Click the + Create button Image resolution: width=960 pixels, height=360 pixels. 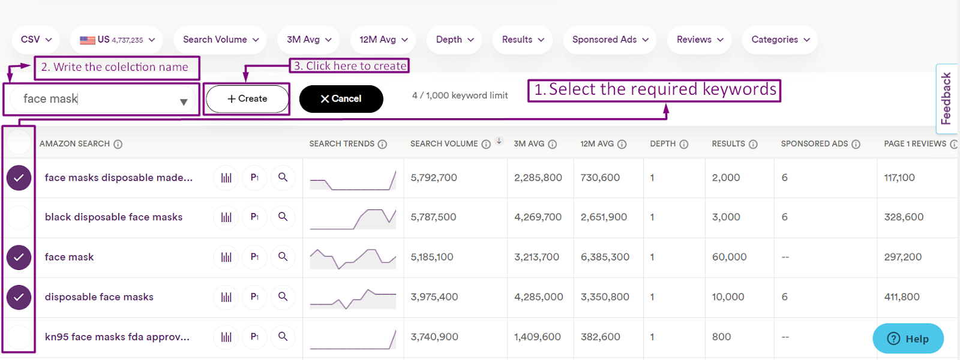247,99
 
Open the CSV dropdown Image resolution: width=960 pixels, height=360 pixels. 35,40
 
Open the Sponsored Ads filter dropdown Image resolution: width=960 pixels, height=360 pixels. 610,40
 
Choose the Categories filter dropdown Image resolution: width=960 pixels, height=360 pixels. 780,40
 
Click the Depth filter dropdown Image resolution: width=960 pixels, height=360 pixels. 454,40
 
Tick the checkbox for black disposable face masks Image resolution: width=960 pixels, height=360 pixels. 19,217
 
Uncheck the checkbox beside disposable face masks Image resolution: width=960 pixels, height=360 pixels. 19,297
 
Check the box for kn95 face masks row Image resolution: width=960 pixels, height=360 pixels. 19,337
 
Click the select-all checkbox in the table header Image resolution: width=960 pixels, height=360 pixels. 19,143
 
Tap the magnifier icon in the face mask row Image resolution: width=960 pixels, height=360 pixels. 283,257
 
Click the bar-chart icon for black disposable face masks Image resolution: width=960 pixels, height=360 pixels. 226,217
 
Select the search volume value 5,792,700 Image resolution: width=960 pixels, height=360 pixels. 434,178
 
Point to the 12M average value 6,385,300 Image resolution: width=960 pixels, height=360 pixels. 605,257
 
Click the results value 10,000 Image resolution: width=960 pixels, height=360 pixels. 728,297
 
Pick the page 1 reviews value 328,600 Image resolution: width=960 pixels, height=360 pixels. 904,217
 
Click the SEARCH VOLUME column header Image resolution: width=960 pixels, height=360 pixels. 444,144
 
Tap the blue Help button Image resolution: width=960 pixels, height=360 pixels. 908,338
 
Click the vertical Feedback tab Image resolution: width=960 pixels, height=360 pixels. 947,98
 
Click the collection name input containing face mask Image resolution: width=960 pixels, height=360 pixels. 96,99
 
